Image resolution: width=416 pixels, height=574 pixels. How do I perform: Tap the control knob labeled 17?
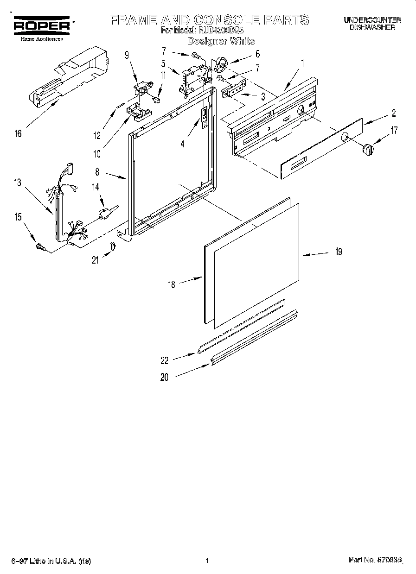tap(367, 150)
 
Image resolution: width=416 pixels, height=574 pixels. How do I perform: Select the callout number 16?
tap(18, 134)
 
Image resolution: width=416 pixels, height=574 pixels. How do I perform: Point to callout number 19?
tap(339, 252)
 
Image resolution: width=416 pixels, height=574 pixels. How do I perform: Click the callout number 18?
tap(172, 284)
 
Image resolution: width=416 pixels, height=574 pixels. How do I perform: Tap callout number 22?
tap(164, 360)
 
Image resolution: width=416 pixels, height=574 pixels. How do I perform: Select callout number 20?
tap(164, 377)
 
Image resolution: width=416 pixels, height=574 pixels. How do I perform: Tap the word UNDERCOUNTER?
tap(372, 20)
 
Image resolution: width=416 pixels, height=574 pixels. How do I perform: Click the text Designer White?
tap(221, 41)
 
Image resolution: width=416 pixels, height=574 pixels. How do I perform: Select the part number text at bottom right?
tap(375, 561)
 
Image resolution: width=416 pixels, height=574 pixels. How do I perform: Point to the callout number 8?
tap(97, 172)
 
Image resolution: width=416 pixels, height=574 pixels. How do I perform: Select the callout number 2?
tap(393, 113)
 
